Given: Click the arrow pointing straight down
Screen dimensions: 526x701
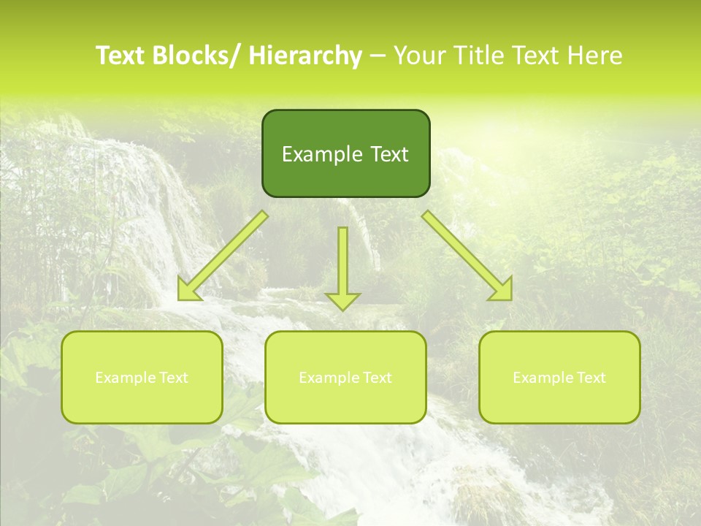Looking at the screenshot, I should click(x=342, y=267).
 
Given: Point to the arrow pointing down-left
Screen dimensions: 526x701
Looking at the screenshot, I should click(x=223, y=256).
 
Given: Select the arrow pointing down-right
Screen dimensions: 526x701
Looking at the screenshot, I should click(x=467, y=256).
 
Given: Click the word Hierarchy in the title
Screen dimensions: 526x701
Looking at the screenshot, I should click(x=305, y=56).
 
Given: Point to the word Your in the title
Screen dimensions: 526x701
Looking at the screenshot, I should click(x=418, y=56).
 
